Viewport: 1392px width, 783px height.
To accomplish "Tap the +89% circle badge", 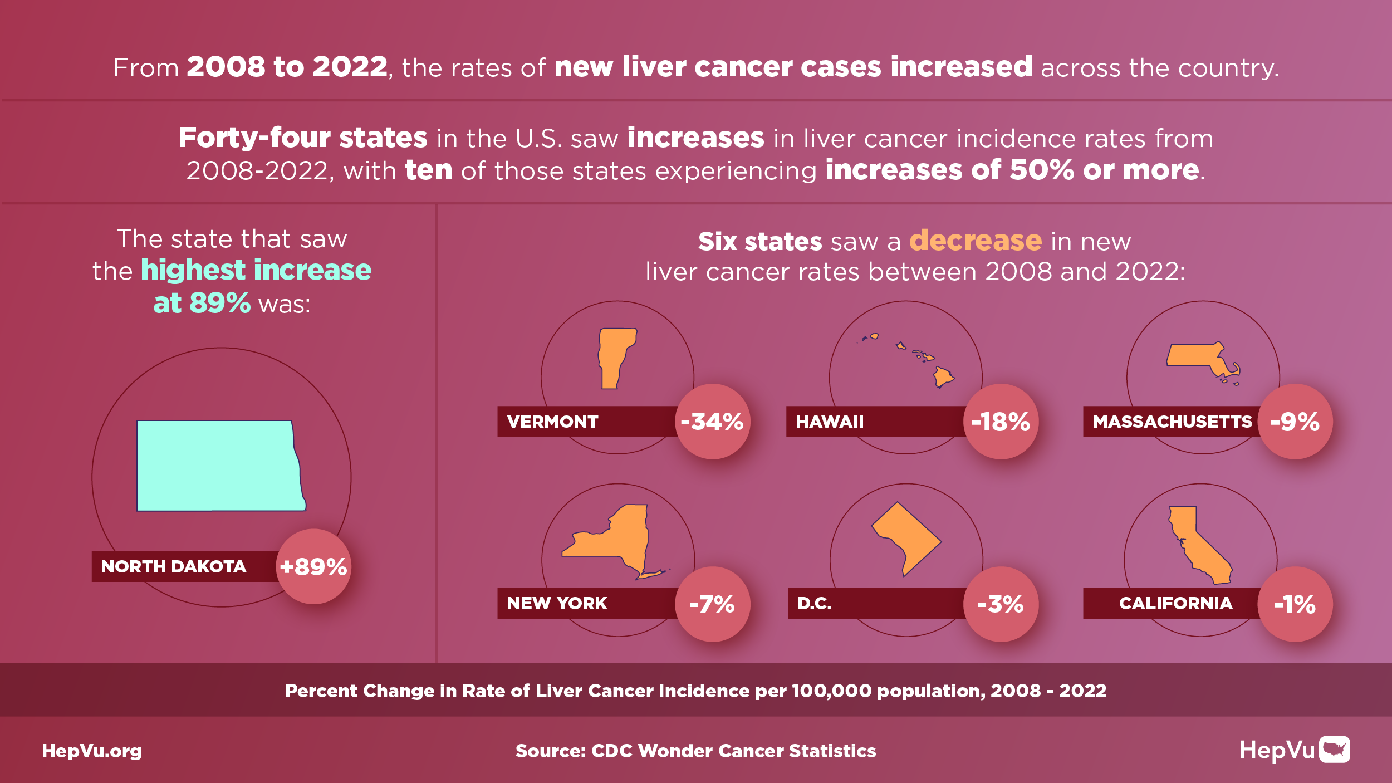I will pos(313,566).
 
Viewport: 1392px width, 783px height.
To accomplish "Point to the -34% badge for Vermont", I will pos(712,422).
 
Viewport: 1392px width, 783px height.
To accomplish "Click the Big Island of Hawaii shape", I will pos(943,377).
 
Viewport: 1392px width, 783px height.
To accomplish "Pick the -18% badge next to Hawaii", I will pos(1001,422).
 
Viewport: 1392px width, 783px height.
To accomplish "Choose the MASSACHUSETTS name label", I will pos(1172,422).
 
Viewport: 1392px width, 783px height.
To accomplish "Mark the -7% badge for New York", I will pos(712,604).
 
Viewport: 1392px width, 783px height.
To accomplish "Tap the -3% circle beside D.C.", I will pos(1001,604).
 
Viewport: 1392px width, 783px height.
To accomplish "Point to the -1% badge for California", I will pos(1295,604).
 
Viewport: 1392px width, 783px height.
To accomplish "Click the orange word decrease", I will pos(975,241).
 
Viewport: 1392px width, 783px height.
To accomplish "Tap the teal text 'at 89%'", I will pos(202,303).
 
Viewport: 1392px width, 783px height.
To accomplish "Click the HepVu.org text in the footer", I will pos(92,751).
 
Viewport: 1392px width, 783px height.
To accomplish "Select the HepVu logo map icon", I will pos(1335,750).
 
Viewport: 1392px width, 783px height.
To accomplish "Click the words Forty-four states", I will pos(303,138).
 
